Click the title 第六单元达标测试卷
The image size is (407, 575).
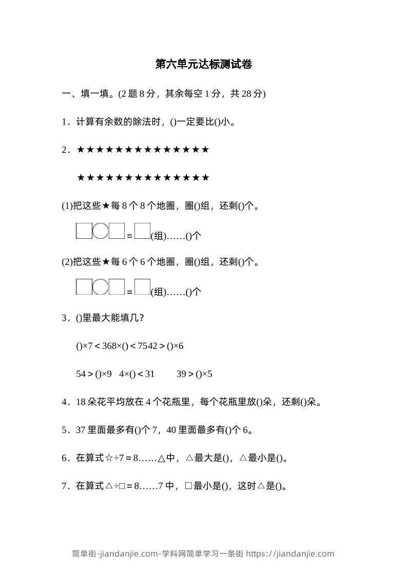coord(203,65)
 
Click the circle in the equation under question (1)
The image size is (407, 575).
coord(101,231)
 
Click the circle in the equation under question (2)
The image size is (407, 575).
coord(101,286)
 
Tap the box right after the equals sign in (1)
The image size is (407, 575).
coord(142,231)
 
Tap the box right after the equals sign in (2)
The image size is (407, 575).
coord(142,286)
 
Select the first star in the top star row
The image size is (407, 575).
coord(81,150)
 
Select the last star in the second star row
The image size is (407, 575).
coord(205,178)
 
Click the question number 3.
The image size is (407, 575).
coord(65,318)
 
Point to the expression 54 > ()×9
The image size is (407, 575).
coord(93,374)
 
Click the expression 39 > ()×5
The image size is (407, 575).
coord(194,374)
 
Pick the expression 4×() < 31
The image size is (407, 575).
coord(137,374)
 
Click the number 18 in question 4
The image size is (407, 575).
coord(81,402)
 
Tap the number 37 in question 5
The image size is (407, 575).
coord(81,430)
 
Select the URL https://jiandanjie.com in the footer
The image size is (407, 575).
coord(290,553)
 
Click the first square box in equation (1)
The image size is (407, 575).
coord(84,231)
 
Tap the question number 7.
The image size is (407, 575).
coord(65,486)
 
